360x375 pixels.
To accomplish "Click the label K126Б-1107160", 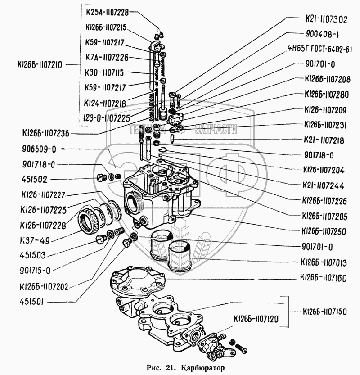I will pos(323,278).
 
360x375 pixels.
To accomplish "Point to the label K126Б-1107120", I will pos(257,320).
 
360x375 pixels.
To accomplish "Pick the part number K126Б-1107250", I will pos(323,231).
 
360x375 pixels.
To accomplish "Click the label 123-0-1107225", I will pos(107,118).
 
